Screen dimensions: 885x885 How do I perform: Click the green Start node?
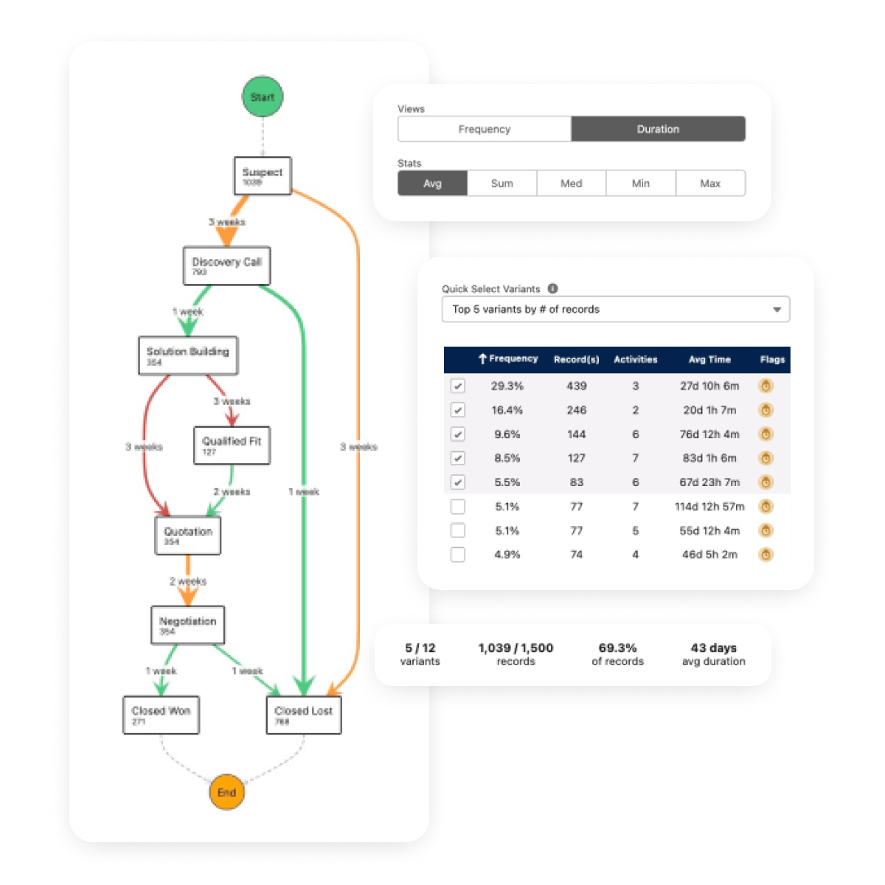(x=263, y=97)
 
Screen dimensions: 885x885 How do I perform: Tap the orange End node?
(x=226, y=792)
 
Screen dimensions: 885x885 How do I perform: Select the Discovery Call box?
(x=227, y=265)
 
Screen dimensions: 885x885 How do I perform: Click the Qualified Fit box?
(x=232, y=445)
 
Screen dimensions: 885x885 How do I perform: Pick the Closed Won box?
(x=161, y=715)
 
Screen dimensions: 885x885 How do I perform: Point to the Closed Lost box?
(x=303, y=715)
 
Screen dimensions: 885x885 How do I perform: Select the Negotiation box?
(x=187, y=625)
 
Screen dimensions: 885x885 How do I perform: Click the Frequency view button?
(x=485, y=129)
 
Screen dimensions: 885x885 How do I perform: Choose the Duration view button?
(x=658, y=129)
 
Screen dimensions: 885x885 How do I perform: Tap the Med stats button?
(x=572, y=184)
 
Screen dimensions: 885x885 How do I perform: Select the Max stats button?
(x=710, y=184)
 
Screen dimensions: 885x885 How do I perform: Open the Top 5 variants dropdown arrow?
(x=777, y=310)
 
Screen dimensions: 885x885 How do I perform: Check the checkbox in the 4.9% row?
(x=458, y=555)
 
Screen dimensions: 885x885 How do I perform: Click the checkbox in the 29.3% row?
(x=458, y=386)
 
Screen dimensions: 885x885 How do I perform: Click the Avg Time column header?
(x=709, y=360)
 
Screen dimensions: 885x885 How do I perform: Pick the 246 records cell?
(x=577, y=410)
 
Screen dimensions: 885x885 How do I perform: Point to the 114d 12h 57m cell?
(x=709, y=507)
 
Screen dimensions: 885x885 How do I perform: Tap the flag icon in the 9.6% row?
(x=766, y=434)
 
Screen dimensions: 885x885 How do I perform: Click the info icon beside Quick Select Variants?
(x=553, y=289)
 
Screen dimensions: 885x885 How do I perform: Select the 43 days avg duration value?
(x=713, y=648)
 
